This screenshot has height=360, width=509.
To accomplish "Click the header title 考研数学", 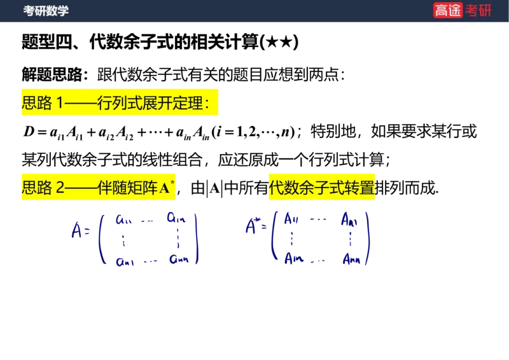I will coord(46,11).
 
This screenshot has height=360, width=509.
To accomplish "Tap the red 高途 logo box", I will coord(448,10).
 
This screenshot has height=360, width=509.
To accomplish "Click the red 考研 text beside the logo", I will coord(478,10).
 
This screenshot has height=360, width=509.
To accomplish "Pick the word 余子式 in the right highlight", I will coord(323,188).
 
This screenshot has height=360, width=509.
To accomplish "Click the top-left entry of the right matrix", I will coord(292,218).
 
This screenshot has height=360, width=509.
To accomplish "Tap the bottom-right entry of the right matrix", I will coord(351,259).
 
